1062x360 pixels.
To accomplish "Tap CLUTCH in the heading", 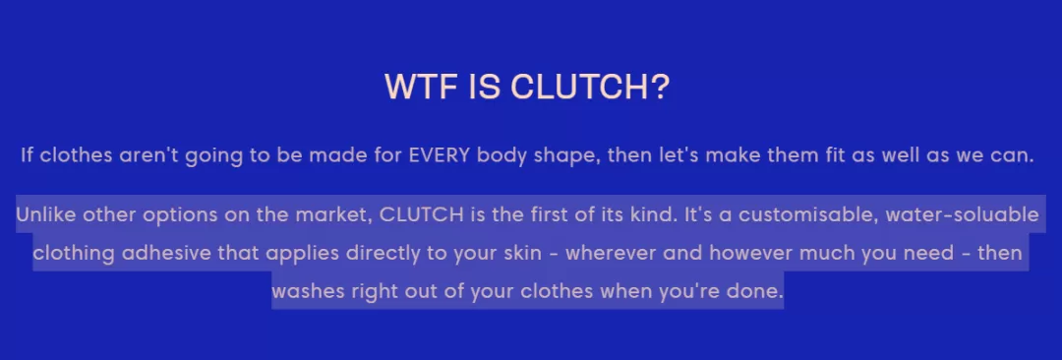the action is click(590, 87).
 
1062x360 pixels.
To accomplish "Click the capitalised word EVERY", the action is click(439, 155).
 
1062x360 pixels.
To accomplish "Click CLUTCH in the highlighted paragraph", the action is click(421, 214).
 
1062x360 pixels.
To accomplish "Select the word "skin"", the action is click(522, 254).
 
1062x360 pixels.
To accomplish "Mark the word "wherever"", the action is click(611, 254).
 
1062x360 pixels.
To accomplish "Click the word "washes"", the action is click(304, 291).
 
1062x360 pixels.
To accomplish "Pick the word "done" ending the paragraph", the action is click(757, 291).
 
